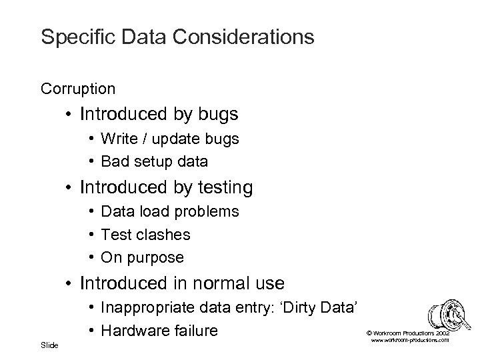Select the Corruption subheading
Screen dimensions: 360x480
point(77,88)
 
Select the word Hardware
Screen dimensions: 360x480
point(131,329)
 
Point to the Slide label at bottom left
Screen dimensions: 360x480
point(49,345)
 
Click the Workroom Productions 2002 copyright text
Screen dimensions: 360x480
point(408,331)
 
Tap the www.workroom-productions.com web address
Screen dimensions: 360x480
point(408,340)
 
